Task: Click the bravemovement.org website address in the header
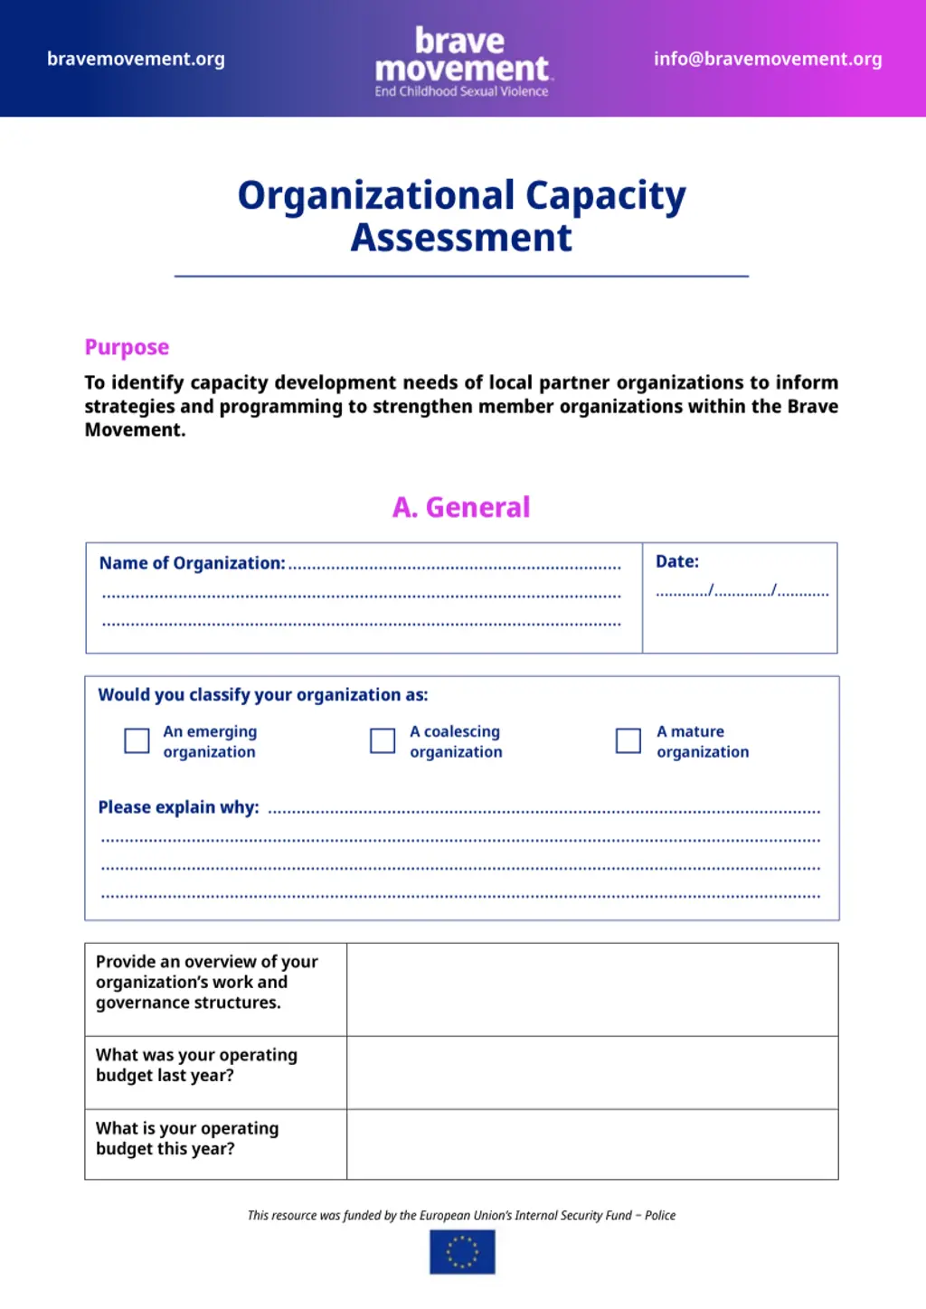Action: click(x=136, y=60)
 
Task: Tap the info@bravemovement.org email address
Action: click(x=767, y=60)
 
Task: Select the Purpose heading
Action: click(x=127, y=347)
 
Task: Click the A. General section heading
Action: click(x=461, y=507)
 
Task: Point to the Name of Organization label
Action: click(x=192, y=563)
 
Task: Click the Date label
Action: click(x=677, y=561)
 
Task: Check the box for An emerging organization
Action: click(x=137, y=740)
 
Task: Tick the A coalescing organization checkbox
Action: click(x=383, y=740)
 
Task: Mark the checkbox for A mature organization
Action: click(x=628, y=740)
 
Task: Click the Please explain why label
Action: click(x=178, y=807)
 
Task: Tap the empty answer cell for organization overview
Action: click(x=592, y=989)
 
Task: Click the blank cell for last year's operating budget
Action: click(x=592, y=1072)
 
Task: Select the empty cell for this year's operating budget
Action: click(x=592, y=1144)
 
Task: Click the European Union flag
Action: click(x=462, y=1252)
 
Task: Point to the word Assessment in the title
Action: click(x=461, y=238)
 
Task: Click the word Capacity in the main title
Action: click(x=605, y=196)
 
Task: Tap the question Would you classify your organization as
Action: click(x=262, y=695)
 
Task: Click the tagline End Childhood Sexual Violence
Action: click(x=461, y=91)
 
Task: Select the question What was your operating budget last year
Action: click(x=196, y=1065)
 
